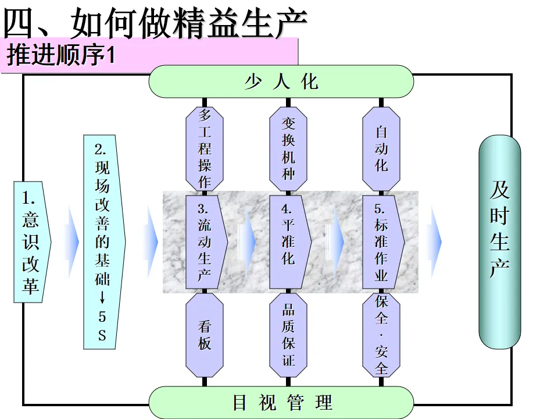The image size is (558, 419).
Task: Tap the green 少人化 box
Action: pos(281,81)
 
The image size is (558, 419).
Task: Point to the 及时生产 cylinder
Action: pos(499,242)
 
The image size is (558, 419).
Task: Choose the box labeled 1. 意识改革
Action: pos(32,242)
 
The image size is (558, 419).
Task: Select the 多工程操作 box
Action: pos(205,148)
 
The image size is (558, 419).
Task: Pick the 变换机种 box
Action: pos(288,148)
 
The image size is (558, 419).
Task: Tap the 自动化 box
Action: pos(381,148)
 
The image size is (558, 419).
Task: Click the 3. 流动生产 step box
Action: pos(205,242)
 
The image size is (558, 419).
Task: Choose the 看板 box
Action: pos(205,335)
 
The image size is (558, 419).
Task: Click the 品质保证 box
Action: pos(288,335)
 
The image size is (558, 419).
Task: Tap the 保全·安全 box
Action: pos(381,335)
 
